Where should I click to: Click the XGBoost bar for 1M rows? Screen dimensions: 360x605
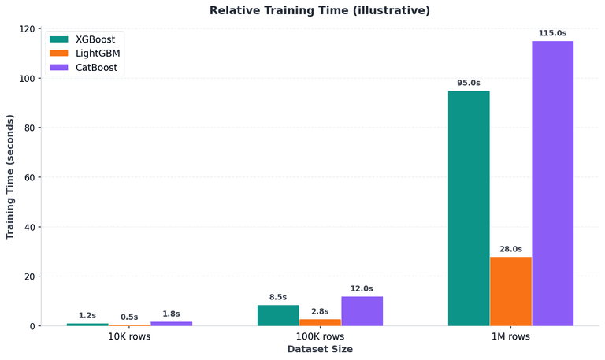(x=469, y=208)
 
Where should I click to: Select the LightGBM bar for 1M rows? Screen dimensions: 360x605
(x=511, y=291)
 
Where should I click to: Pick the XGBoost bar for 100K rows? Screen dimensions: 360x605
(x=278, y=315)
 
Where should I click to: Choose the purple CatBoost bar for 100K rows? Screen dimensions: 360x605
(x=362, y=311)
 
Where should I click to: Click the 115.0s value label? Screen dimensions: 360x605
(x=553, y=33)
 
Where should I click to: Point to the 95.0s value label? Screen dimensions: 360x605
(x=469, y=83)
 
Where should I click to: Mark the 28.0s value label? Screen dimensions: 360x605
(x=511, y=249)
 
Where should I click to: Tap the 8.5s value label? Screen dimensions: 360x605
(x=278, y=297)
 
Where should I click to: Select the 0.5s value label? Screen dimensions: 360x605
(x=130, y=317)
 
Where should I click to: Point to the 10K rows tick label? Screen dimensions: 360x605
(x=130, y=336)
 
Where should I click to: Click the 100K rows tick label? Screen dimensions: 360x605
(x=320, y=336)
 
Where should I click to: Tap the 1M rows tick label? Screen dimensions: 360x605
(x=511, y=336)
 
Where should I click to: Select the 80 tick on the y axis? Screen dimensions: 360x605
(x=31, y=128)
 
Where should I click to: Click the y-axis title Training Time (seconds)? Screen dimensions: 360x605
(x=10, y=177)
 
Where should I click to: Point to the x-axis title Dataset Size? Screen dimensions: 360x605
(x=320, y=349)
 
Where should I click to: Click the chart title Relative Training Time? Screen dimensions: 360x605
(x=320, y=11)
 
